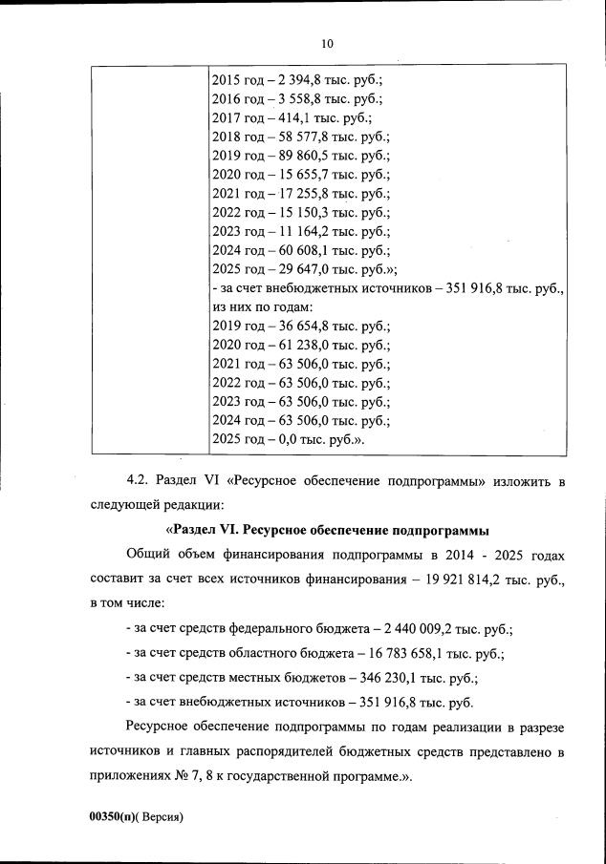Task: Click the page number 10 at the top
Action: tap(327, 43)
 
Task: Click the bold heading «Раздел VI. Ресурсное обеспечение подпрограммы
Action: tap(327, 529)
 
